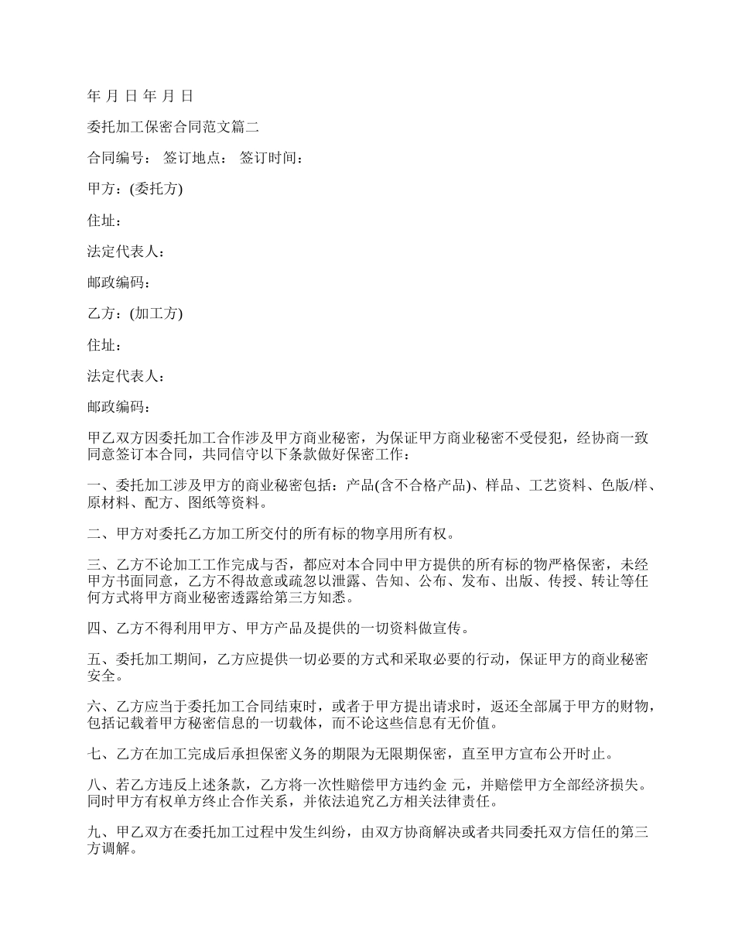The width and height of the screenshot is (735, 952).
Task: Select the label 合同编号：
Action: click(x=120, y=159)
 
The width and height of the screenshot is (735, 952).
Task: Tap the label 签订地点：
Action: click(x=196, y=159)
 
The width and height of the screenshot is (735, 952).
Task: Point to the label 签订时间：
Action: click(x=272, y=159)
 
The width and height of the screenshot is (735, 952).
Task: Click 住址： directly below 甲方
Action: click(x=104, y=221)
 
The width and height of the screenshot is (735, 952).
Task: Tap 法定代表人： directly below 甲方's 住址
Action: click(x=126, y=252)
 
